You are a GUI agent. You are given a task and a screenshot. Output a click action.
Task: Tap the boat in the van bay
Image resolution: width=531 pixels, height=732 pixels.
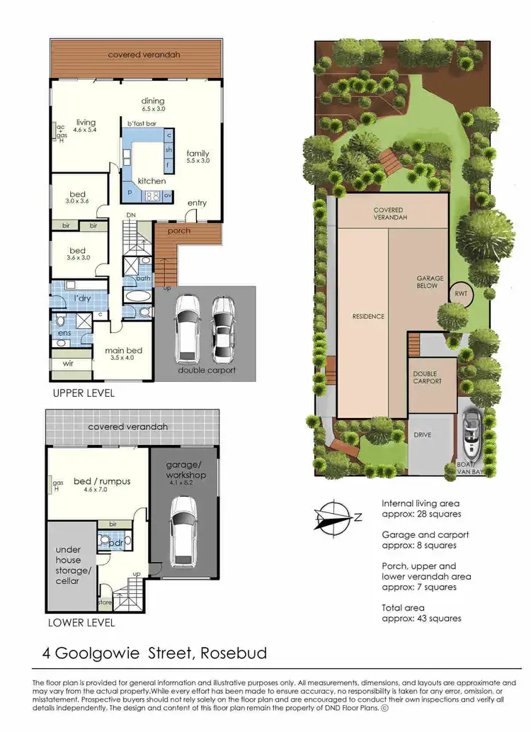(x=471, y=438)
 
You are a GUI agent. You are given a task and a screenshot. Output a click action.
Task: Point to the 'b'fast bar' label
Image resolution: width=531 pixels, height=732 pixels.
(x=140, y=123)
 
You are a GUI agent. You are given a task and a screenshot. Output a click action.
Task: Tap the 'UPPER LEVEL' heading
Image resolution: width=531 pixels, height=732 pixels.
(x=84, y=393)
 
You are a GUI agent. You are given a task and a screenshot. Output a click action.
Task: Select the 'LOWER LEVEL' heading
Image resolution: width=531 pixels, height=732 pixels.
(x=80, y=623)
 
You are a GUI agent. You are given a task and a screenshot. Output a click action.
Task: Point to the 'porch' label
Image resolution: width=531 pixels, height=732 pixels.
(x=178, y=230)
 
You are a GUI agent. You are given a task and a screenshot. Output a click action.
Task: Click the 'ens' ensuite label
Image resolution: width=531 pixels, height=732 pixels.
(x=63, y=332)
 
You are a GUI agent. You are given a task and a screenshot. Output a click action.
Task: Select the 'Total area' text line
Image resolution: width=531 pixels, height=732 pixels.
(x=421, y=607)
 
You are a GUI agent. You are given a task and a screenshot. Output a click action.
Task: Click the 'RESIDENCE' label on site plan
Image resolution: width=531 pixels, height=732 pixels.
(x=368, y=316)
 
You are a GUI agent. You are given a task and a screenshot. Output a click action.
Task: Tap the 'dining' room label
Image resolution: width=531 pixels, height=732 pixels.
(x=153, y=100)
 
